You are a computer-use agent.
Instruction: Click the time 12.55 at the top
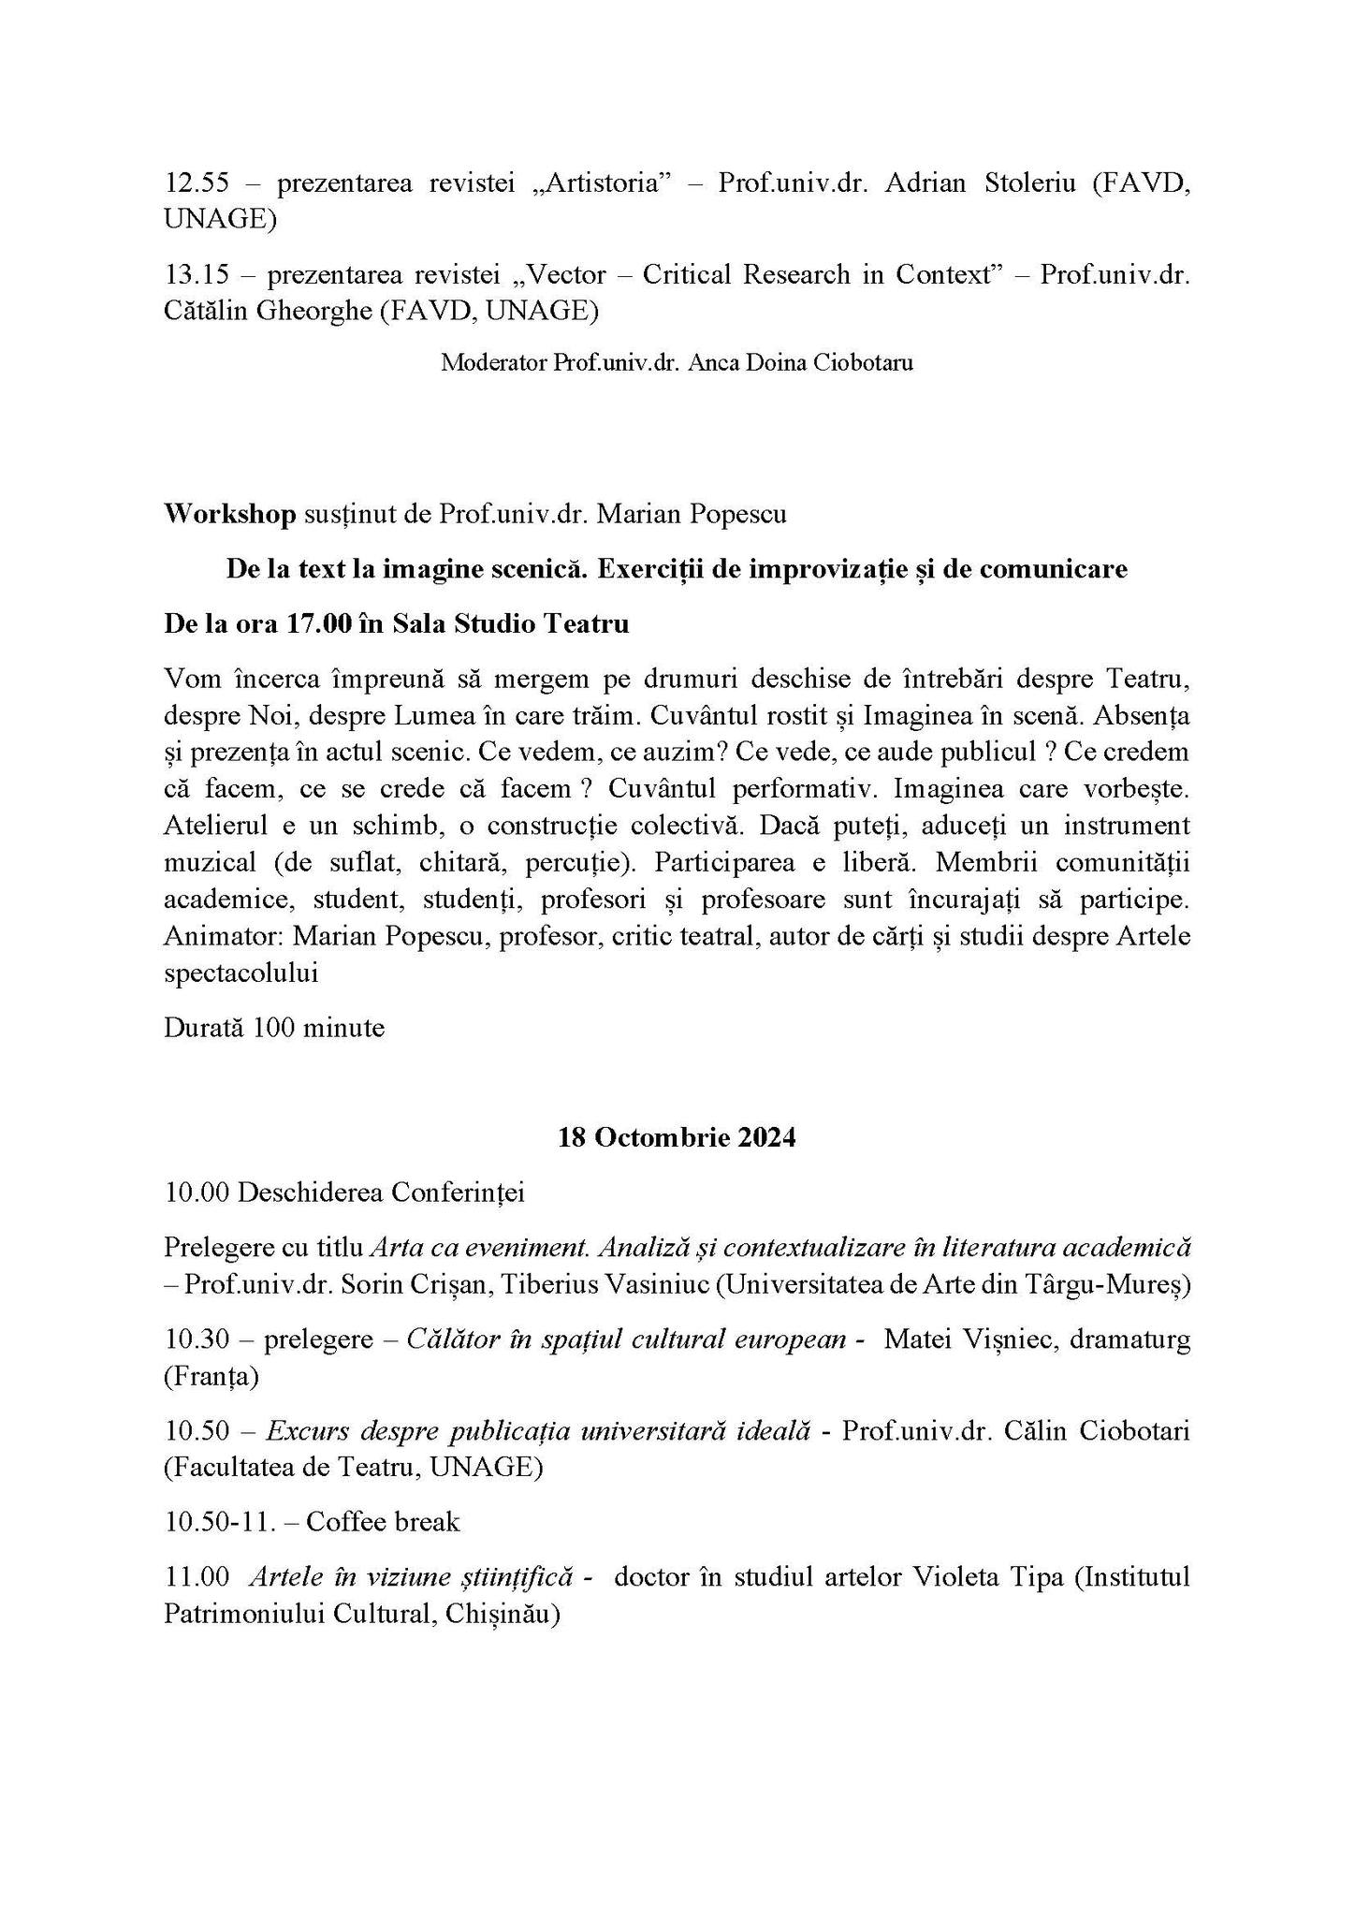(197, 183)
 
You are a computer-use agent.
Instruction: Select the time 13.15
(197, 274)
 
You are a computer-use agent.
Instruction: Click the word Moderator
(494, 362)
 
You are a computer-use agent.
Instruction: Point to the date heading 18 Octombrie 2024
(677, 1138)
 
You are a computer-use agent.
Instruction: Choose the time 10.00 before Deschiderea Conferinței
(197, 1193)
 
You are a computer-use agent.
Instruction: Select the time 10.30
(197, 1339)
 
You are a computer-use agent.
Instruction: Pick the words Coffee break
(383, 1522)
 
